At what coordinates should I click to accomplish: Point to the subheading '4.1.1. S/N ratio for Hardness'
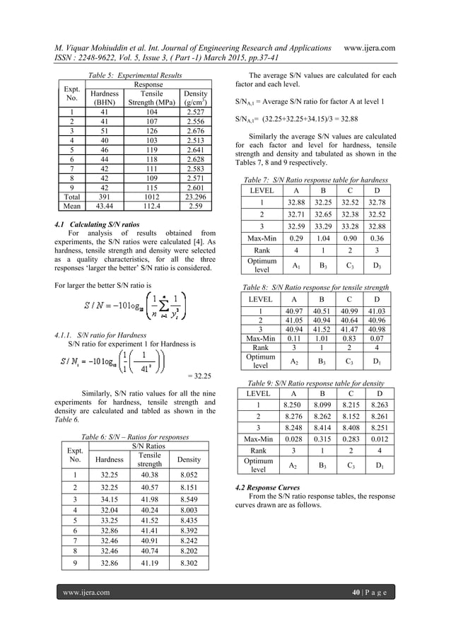click(98, 333)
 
